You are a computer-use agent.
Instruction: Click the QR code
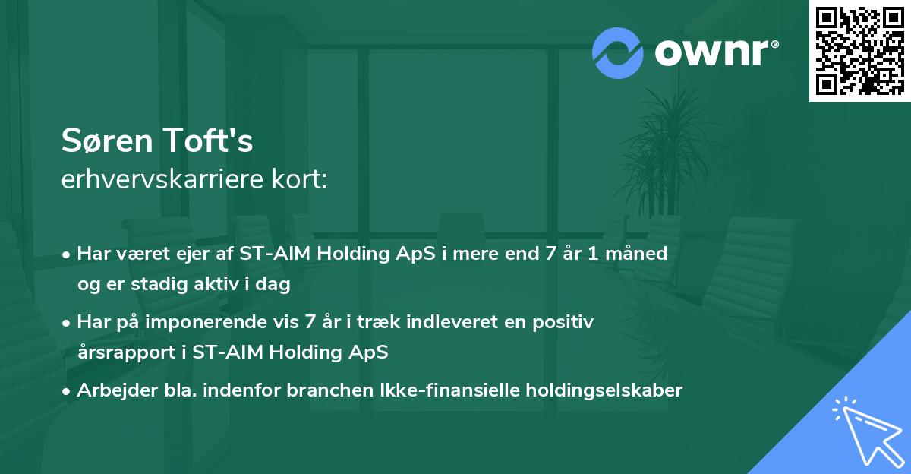[x=860, y=51]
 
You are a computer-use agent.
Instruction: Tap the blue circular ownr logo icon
[x=617, y=53]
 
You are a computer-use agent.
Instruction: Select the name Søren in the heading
[x=107, y=141]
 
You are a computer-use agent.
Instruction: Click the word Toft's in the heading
[x=208, y=140]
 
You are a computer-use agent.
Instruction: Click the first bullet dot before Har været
[x=65, y=255]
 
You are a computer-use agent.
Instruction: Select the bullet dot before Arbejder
[x=65, y=392]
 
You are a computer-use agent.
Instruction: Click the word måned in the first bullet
[x=636, y=254]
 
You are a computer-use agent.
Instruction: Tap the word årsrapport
[x=127, y=352]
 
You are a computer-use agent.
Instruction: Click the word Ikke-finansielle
[x=449, y=390]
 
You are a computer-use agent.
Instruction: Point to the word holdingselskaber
[x=604, y=390]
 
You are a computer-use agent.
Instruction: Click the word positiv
[x=563, y=322]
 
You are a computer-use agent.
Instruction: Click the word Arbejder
[x=117, y=390]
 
